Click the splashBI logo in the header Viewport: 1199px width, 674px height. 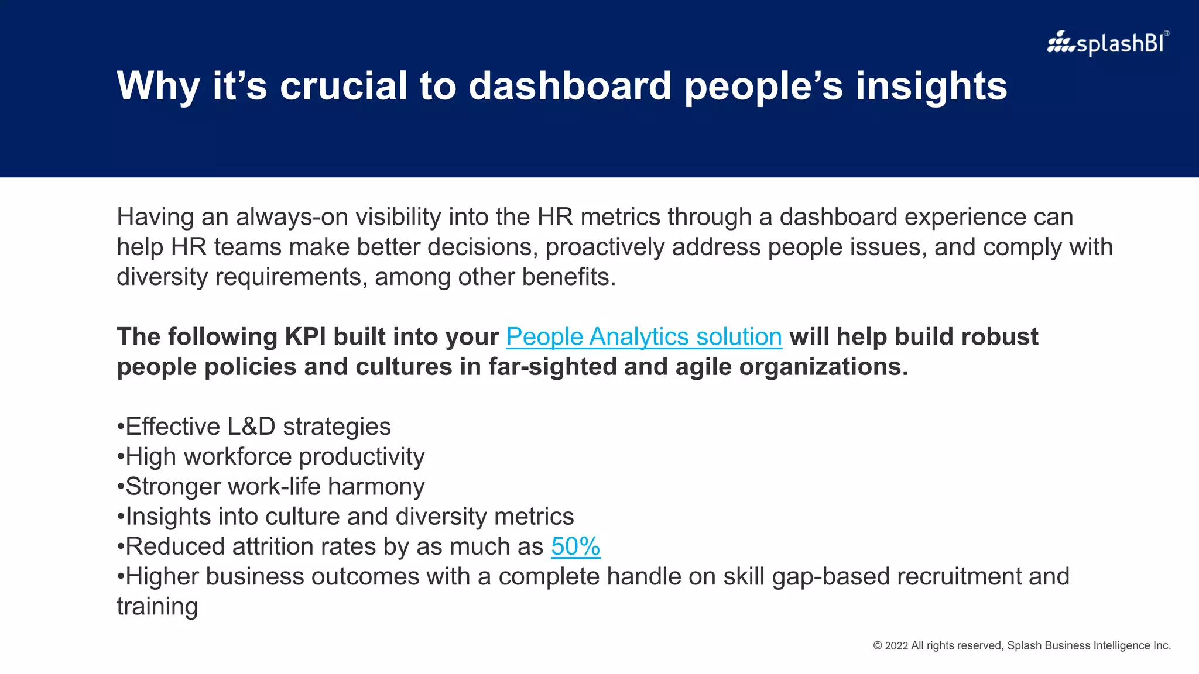click(x=1108, y=43)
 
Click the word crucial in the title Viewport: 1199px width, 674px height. click(x=344, y=86)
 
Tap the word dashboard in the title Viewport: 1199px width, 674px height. click(x=570, y=86)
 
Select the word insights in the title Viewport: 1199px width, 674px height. click(x=931, y=86)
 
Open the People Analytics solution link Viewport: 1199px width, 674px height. click(x=643, y=337)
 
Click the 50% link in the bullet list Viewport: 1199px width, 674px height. click(x=575, y=546)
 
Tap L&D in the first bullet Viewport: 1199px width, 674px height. click(x=251, y=427)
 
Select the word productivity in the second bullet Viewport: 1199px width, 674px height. click(x=361, y=457)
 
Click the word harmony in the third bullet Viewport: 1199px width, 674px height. click(x=376, y=487)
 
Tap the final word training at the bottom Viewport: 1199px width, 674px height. click(x=157, y=607)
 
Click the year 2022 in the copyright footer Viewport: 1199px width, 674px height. click(x=896, y=645)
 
